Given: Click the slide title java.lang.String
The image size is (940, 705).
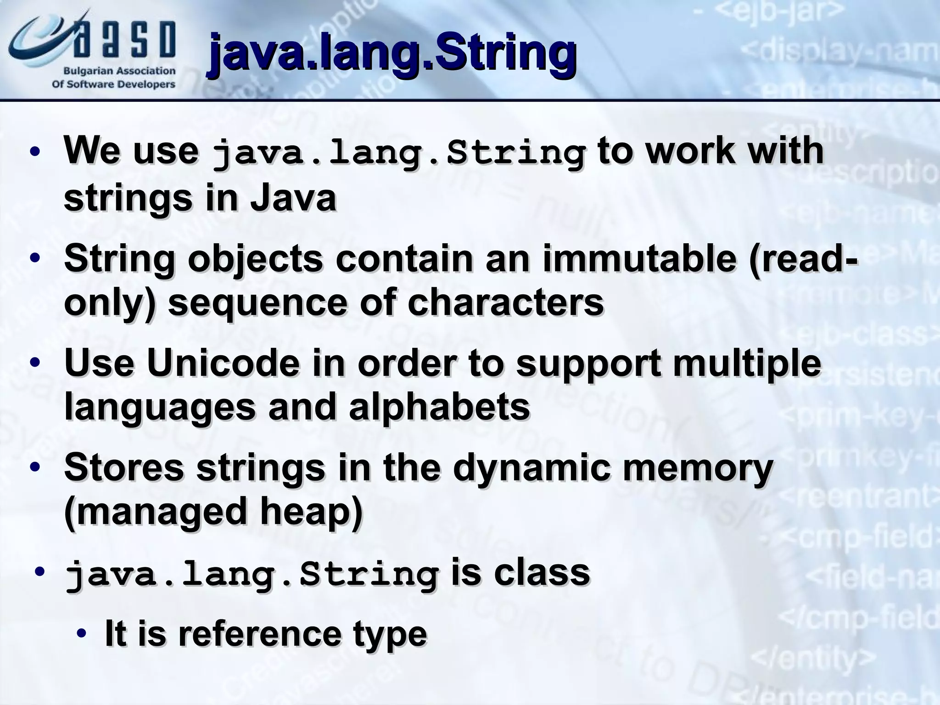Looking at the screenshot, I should coord(392,54).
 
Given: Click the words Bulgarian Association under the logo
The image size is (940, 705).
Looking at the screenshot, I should coord(119,71).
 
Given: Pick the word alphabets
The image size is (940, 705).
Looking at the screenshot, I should coord(439,407).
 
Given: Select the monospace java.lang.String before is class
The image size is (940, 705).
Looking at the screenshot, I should coord(252,575).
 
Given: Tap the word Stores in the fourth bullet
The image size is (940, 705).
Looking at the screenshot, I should coord(124,467).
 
